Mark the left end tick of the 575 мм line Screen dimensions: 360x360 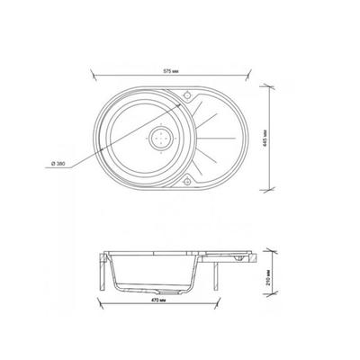point(92,76)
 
